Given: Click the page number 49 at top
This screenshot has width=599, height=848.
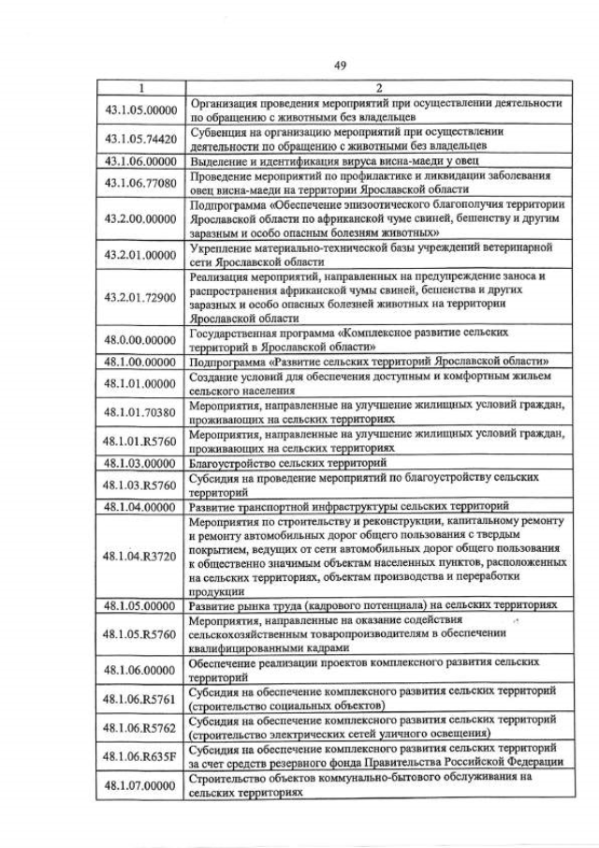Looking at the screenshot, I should [340, 65].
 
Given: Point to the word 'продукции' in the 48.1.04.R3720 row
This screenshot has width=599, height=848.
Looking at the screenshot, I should [214, 591].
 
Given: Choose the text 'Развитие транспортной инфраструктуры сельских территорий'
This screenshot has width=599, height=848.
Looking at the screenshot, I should [348, 506].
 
